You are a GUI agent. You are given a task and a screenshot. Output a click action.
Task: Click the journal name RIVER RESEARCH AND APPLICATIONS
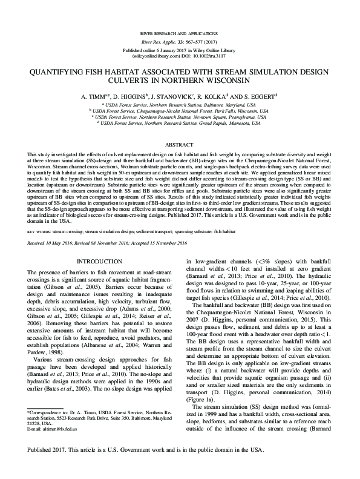(180, 30)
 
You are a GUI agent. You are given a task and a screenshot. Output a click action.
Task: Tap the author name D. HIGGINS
(129, 96)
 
